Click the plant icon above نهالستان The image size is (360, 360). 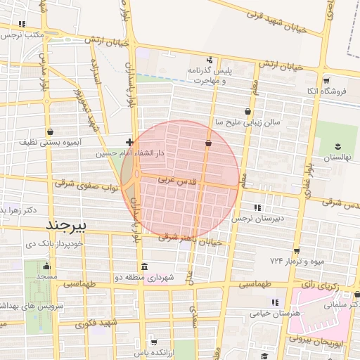point(337,146)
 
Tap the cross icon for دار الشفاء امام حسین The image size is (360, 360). point(129,143)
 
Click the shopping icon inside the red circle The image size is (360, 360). point(208,143)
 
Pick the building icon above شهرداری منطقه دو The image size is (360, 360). point(144,266)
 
